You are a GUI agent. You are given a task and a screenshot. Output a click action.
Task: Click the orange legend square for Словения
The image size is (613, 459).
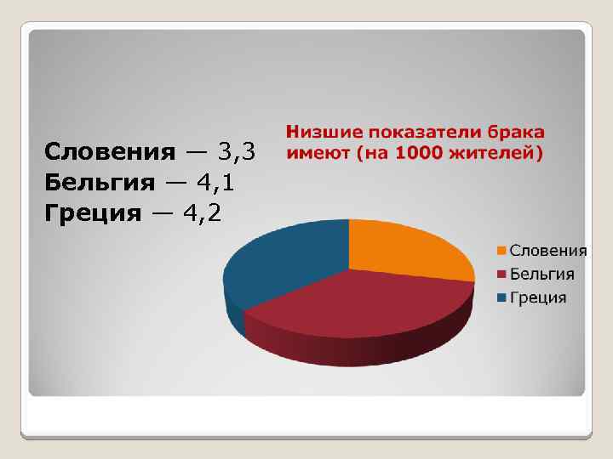point(503,251)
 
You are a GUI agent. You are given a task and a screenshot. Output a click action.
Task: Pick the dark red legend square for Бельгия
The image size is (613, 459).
point(503,275)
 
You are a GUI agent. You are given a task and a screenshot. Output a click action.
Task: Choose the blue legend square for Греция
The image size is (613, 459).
point(503,297)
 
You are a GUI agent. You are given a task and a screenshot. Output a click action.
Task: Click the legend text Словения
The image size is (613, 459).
point(548,251)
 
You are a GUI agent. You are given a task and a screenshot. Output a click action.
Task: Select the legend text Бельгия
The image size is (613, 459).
point(542,275)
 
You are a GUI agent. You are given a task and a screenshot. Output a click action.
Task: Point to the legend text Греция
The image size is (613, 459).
point(538,297)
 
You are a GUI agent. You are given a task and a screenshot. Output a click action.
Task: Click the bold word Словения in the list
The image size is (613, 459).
point(109,152)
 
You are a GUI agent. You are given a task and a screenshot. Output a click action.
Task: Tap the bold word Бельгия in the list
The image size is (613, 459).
point(100,182)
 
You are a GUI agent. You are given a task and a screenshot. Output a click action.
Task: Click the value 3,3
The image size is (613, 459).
point(236,152)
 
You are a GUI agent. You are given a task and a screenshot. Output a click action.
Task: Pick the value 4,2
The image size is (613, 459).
point(202,212)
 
